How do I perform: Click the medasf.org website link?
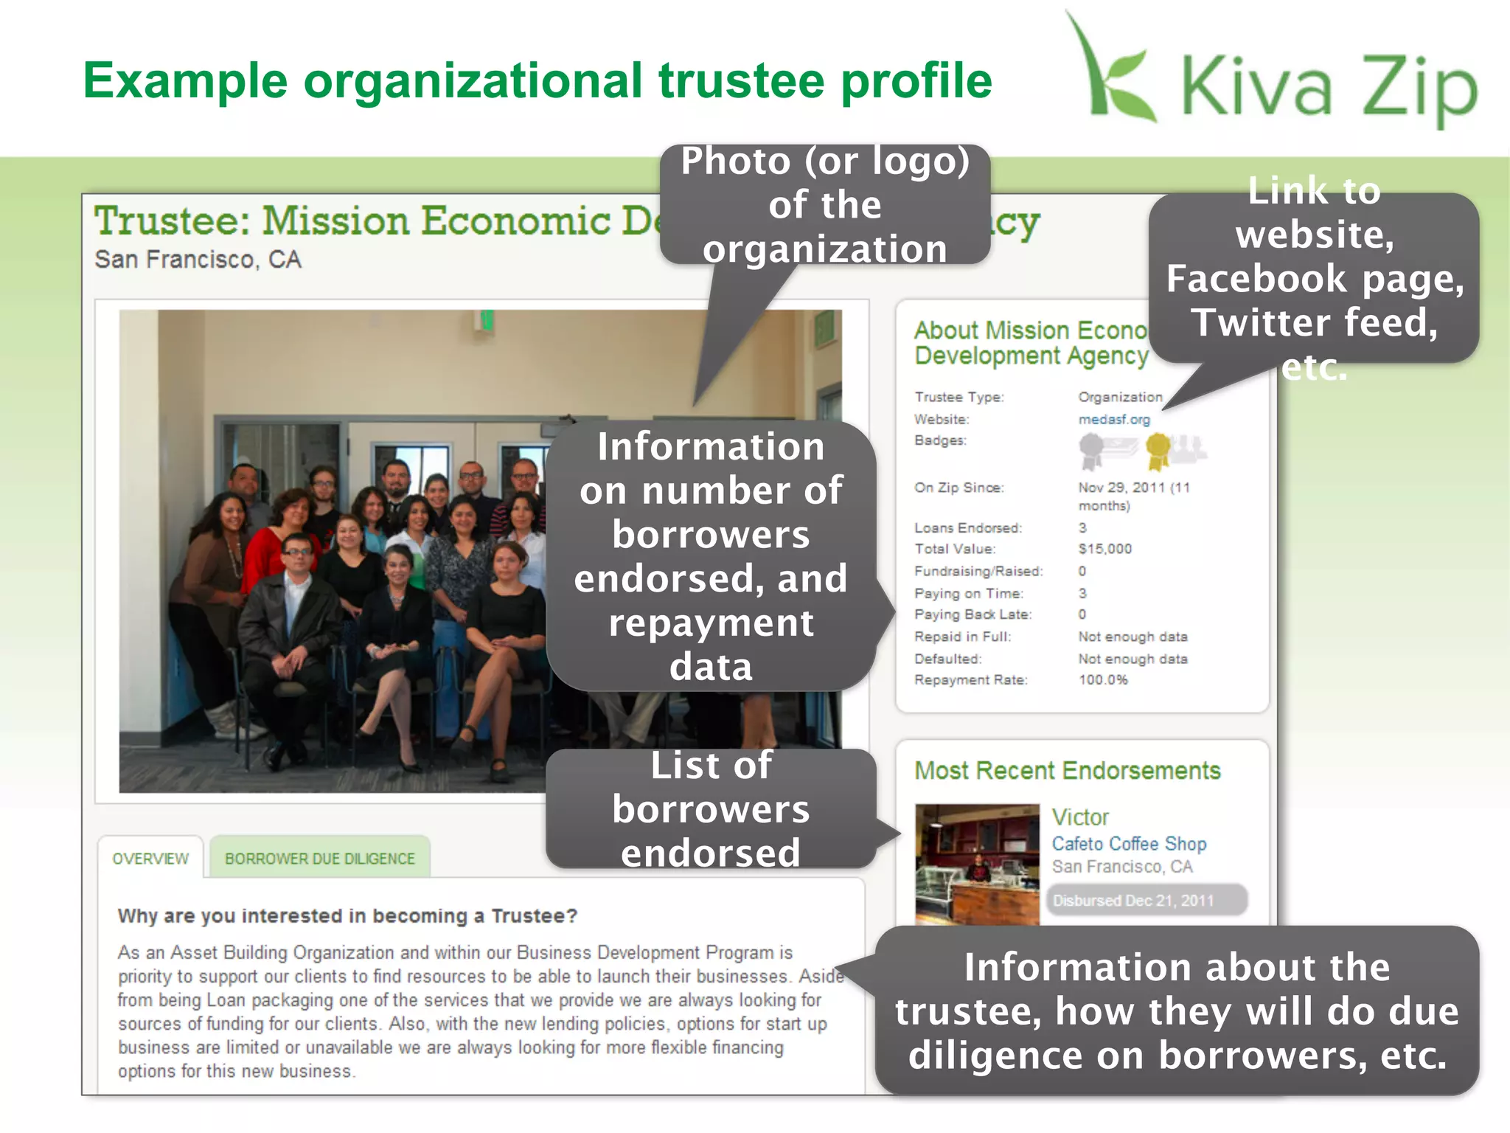click(x=1113, y=420)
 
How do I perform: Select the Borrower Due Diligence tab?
click(x=319, y=859)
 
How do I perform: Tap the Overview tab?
click(x=150, y=859)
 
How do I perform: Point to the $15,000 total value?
click(x=1104, y=549)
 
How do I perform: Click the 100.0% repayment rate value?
click(x=1103, y=680)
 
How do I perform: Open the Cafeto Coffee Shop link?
click(x=1129, y=844)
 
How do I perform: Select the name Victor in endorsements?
click(x=1080, y=817)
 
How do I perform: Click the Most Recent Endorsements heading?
click(x=1068, y=771)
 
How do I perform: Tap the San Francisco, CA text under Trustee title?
click(x=198, y=260)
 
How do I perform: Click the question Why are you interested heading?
click(x=347, y=916)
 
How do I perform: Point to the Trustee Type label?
click(x=958, y=398)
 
